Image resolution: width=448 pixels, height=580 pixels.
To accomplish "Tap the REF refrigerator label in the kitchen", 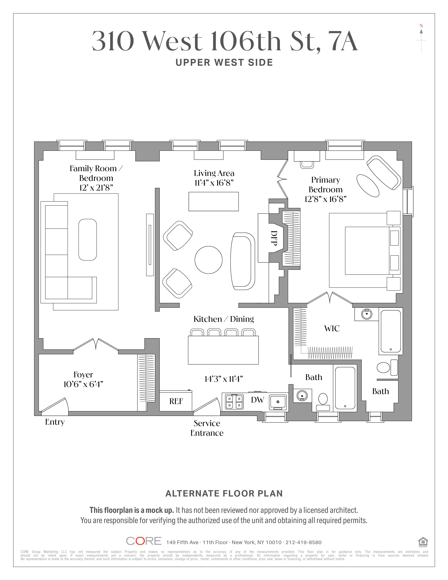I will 176,401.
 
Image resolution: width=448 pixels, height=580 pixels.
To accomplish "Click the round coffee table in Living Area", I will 208,260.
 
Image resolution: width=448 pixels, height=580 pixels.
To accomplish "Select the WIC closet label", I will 332,328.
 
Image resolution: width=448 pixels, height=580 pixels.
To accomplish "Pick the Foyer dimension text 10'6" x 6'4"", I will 83,384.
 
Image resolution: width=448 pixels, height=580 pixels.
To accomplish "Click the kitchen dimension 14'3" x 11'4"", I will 223,379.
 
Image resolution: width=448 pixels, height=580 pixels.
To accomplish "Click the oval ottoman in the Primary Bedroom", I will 368,186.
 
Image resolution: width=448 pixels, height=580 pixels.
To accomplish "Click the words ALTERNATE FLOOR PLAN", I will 224,493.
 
